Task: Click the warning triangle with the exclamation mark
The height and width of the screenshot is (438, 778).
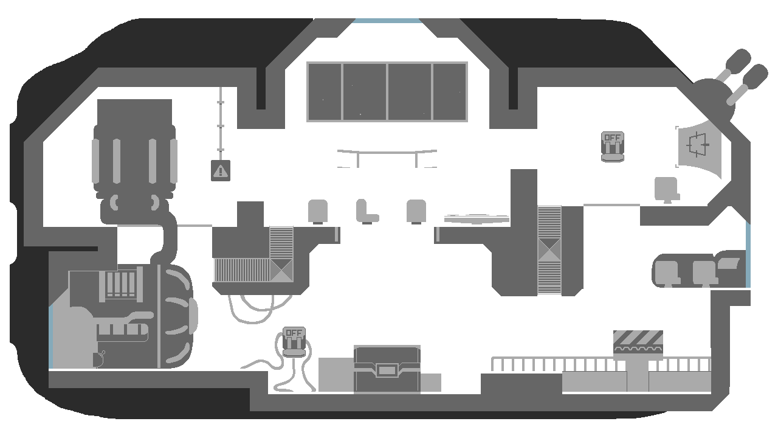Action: click(220, 171)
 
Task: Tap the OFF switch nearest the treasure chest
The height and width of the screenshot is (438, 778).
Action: click(294, 342)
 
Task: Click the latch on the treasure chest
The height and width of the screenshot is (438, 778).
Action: click(387, 369)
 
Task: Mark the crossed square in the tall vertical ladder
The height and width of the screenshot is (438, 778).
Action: click(549, 249)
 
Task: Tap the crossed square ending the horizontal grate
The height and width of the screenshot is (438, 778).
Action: click(281, 270)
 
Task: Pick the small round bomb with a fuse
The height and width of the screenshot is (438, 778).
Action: click(98, 360)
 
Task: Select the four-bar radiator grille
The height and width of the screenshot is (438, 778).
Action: click(121, 283)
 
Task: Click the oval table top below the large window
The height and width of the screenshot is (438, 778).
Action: click(387, 150)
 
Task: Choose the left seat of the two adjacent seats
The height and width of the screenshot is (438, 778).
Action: click(667, 273)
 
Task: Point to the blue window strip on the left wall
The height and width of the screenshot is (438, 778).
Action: click(51, 337)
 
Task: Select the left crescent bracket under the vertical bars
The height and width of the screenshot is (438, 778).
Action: click(115, 203)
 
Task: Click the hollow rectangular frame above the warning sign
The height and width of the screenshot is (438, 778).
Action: click(228, 114)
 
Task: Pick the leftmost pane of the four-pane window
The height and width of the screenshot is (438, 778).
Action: click(325, 91)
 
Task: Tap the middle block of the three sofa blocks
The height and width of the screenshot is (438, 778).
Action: click(377, 211)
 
